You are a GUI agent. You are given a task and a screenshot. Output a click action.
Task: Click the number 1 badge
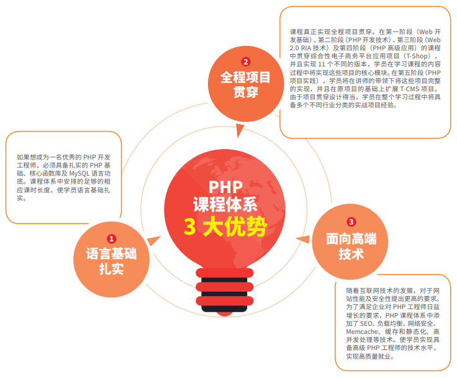point(112,238)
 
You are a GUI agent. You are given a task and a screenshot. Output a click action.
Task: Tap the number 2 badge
point(246,61)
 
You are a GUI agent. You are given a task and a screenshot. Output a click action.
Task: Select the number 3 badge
point(351,222)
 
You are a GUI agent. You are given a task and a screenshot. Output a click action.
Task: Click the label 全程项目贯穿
point(246,85)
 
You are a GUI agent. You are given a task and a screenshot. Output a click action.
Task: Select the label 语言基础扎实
point(112,261)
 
